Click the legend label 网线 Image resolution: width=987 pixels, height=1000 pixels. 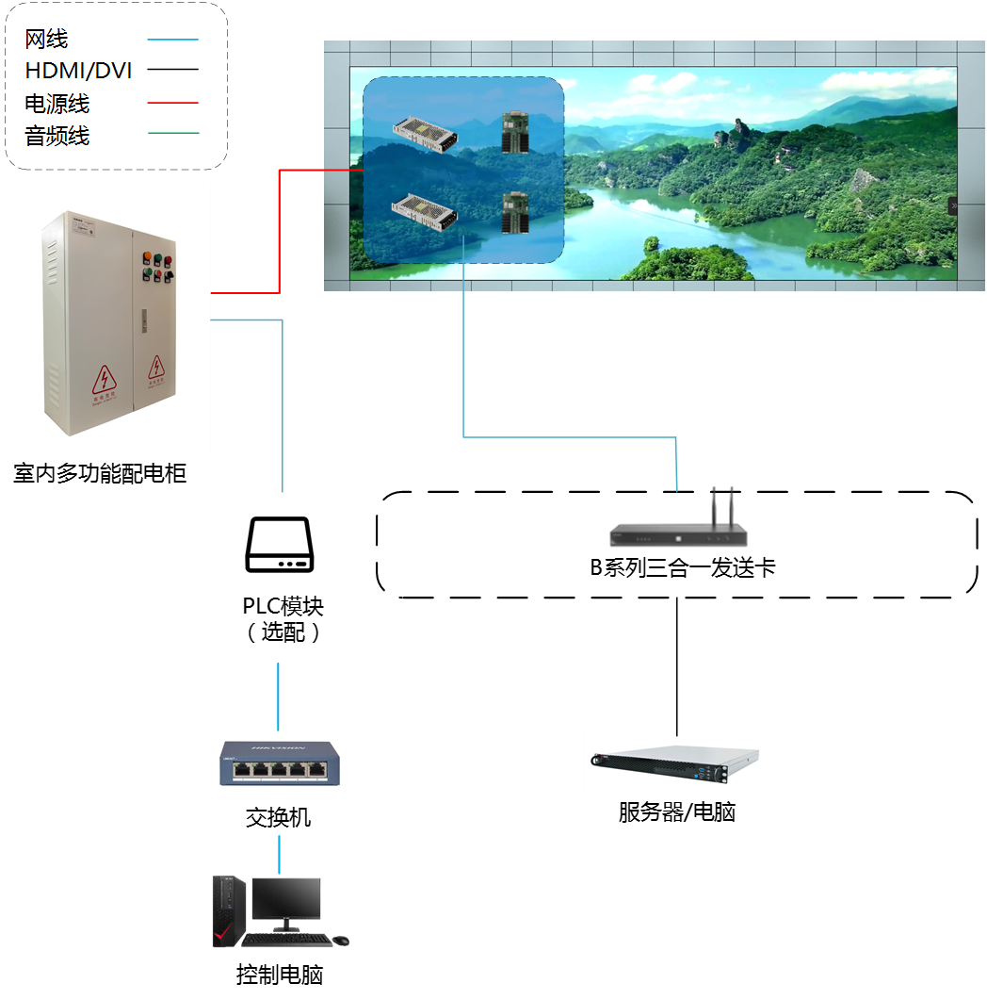click(46, 40)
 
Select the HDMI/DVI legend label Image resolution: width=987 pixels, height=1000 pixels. click(78, 71)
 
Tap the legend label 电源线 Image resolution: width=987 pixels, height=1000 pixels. click(57, 103)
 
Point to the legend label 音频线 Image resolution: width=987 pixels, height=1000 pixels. click(57, 136)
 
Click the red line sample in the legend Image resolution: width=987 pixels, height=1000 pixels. click(173, 103)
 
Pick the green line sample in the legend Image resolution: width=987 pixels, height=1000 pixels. click(173, 134)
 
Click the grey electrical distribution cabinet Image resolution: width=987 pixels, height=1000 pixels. click(107, 320)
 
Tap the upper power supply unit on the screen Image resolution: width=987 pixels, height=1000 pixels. click(424, 133)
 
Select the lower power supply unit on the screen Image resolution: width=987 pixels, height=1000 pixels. click(424, 211)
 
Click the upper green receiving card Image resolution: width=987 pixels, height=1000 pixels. click(514, 133)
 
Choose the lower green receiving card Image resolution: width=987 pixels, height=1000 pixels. click(514, 212)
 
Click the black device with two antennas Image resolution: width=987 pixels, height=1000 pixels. click(679, 533)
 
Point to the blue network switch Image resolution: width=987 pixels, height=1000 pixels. click(278, 763)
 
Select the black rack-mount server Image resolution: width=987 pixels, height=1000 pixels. click(676, 763)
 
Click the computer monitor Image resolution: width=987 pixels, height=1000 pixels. click(285, 900)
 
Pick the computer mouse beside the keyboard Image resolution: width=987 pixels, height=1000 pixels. click(341, 940)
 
